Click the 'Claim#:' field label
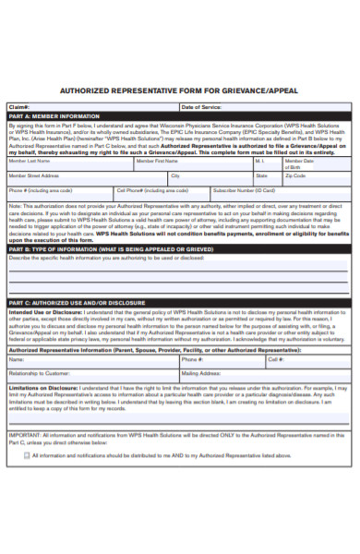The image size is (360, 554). (19, 106)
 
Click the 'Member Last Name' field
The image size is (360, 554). (69, 163)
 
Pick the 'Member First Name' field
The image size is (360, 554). (193, 163)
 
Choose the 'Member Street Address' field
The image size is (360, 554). (88, 177)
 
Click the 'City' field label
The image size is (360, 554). (175, 174)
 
